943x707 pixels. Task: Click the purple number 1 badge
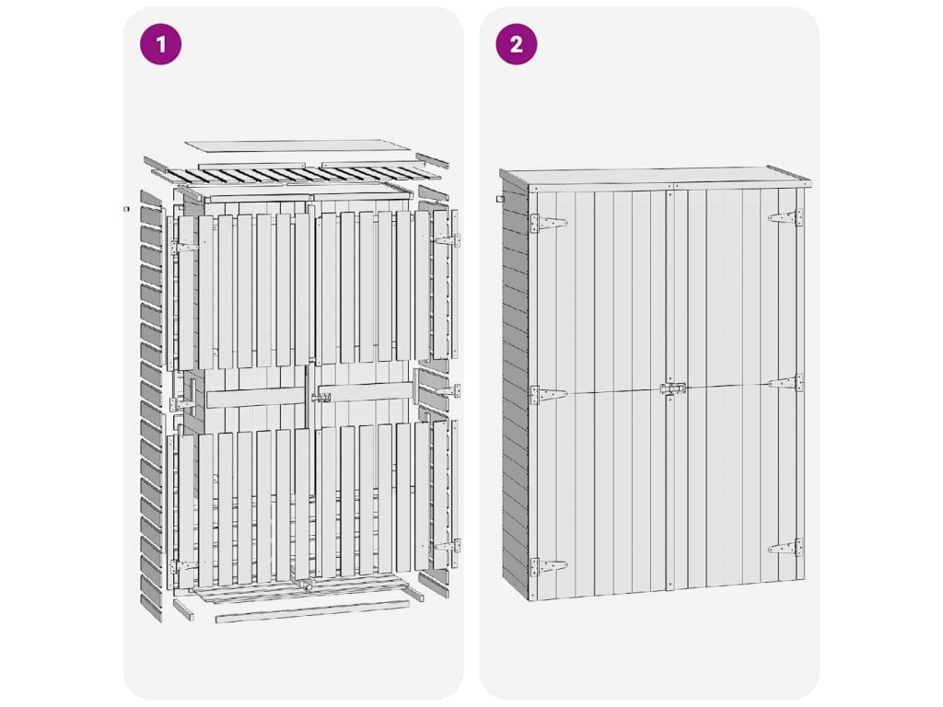click(160, 44)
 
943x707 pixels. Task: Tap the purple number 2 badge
click(517, 44)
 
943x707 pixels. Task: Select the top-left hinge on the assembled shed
click(548, 224)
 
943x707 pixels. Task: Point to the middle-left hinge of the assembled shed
click(548, 395)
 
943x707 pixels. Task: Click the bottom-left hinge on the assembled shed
click(548, 567)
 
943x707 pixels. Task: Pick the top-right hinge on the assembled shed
click(786, 217)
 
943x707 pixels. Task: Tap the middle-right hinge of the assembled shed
click(786, 382)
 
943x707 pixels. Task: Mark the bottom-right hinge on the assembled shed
click(786, 548)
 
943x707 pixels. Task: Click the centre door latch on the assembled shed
click(673, 388)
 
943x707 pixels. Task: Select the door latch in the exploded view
click(320, 398)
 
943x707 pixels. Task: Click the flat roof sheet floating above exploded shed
click(298, 147)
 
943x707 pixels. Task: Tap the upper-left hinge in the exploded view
click(184, 247)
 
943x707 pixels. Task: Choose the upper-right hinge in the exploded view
click(447, 240)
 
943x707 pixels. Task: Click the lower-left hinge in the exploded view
click(184, 566)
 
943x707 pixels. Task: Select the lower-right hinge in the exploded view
click(447, 546)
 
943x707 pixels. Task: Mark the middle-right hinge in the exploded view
click(448, 390)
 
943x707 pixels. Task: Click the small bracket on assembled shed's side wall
click(500, 199)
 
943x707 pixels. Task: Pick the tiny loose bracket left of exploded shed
click(126, 209)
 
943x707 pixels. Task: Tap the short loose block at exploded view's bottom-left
click(183, 608)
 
